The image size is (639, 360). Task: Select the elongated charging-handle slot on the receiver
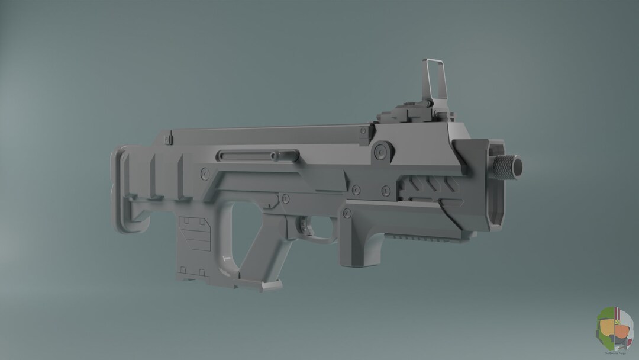(x=247, y=156)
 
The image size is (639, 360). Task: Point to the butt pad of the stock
(x=121, y=189)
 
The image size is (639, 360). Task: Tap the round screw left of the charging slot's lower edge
(x=205, y=173)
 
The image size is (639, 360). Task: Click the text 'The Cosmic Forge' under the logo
(x=614, y=353)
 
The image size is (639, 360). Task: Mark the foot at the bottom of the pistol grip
(x=270, y=285)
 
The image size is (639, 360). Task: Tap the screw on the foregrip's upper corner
(x=347, y=213)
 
